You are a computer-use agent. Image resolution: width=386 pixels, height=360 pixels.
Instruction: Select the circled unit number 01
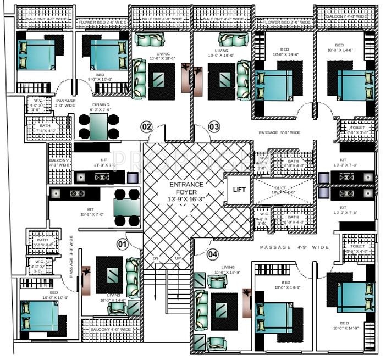(x=123, y=243)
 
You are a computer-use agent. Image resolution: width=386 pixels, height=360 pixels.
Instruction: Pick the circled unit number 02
(x=146, y=127)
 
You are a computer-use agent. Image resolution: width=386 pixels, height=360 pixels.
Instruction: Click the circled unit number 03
(x=214, y=127)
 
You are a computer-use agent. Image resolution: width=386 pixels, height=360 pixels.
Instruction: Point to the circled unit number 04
(x=228, y=254)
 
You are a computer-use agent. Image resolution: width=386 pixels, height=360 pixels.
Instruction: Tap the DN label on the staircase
(x=171, y=258)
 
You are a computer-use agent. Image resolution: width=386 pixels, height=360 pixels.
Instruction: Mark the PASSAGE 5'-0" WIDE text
(x=280, y=133)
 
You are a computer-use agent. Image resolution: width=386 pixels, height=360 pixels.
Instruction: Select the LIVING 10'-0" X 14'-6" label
(x=113, y=297)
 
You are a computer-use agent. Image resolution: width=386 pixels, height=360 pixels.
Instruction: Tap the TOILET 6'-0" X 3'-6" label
(x=360, y=130)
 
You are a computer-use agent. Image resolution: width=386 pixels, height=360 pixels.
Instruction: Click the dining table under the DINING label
(x=98, y=126)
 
